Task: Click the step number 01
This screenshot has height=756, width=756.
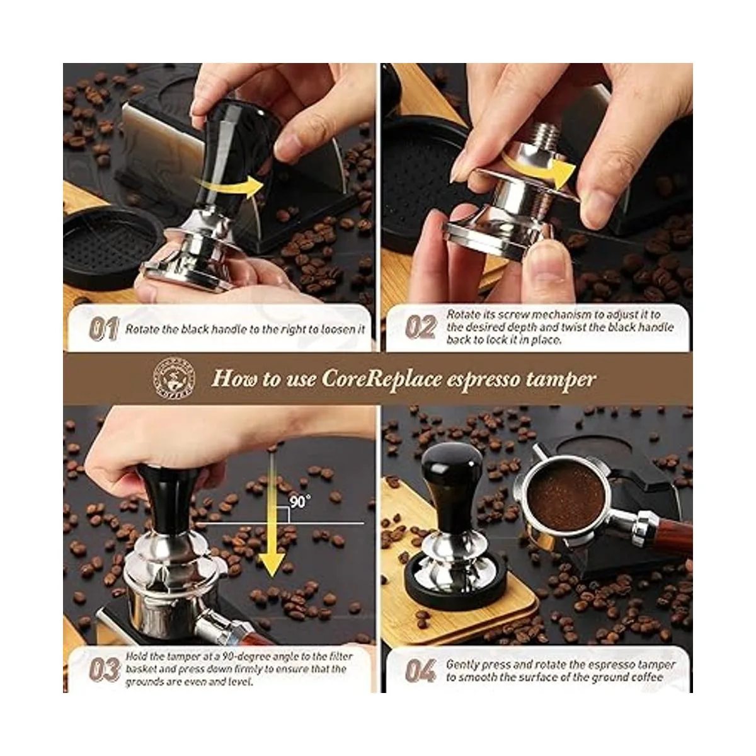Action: click(103, 329)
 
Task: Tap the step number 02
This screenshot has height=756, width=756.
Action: click(421, 327)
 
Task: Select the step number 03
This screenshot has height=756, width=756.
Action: click(105, 670)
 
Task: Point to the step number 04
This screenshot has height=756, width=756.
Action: click(421, 671)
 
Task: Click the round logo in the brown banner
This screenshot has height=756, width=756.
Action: click(174, 378)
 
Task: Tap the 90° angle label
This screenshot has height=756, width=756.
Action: click(300, 501)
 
